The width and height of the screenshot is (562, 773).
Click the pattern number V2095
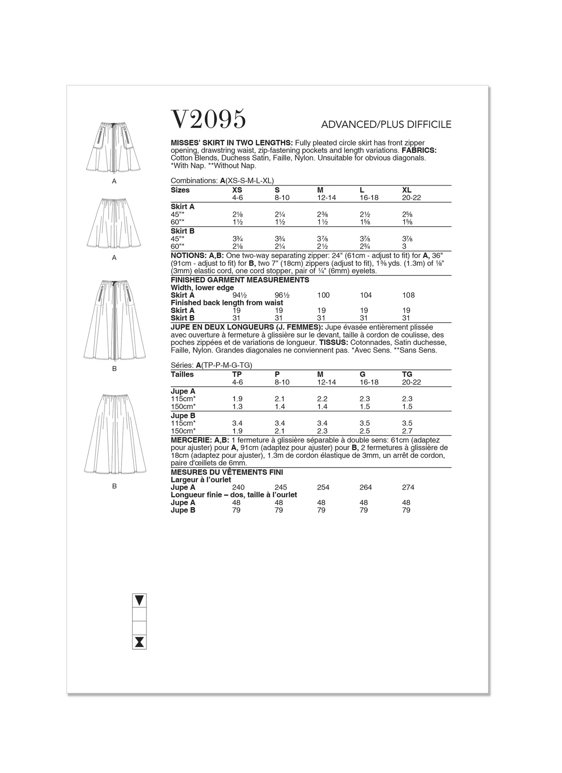coord(209,119)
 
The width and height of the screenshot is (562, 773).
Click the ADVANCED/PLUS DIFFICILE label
coord(386,125)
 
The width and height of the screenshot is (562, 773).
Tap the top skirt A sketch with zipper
coord(114,146)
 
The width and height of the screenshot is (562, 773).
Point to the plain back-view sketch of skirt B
coord(115,434)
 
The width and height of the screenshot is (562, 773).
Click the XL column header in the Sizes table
coord(407,190)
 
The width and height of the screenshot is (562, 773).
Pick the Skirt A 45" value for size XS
coord(237,214)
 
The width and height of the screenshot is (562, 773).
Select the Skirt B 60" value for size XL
coord(406,247)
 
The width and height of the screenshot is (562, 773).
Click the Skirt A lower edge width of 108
coord(408,295)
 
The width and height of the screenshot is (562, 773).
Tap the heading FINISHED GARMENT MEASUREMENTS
coord(240,280)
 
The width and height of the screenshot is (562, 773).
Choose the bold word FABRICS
coord(419,150)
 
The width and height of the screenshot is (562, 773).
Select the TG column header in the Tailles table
coord(407,374)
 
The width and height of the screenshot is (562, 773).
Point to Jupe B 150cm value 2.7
coord(407,431)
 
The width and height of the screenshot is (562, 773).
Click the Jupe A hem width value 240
coord(238,487)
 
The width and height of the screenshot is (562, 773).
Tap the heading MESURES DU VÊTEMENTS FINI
coord(227,472)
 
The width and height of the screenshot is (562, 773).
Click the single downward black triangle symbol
coord(140,600)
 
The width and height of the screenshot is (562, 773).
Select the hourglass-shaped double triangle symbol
coord(140,642)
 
